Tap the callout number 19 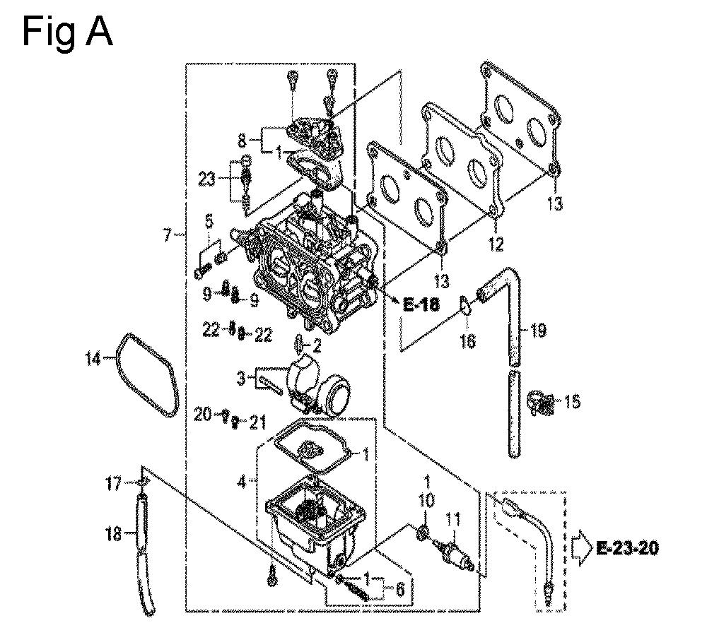coord(538,330)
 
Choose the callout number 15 coord(571,402)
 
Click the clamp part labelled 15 coord(542,403)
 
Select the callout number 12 coord(496,244)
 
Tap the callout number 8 coord(241,139)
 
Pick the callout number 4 coord(243,482)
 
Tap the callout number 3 coord(241,378)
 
